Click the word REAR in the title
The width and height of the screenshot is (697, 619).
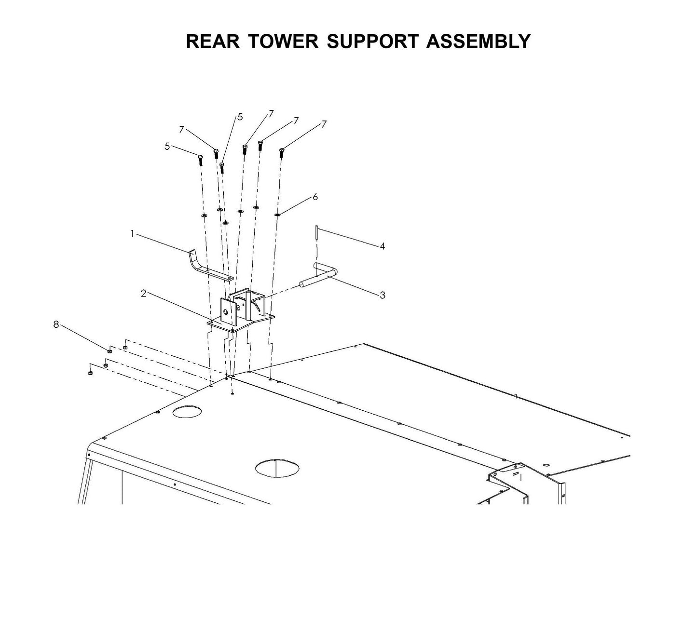[x=212, y=41]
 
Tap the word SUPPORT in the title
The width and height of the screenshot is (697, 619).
[x=373, y=41]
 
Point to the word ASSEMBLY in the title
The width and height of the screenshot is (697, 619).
[x=478, y=41]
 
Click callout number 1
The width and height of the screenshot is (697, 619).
[x=132, y=233]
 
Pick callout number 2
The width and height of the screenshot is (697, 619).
[x=143, y=293]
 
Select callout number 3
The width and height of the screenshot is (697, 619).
[x=382, y=295]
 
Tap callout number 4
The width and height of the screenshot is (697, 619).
[x=382, y=246]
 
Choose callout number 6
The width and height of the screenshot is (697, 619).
[x=315, y=197]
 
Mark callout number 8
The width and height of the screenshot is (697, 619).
[x=56, y=324]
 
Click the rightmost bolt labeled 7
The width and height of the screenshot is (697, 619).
[x=281, y=153]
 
